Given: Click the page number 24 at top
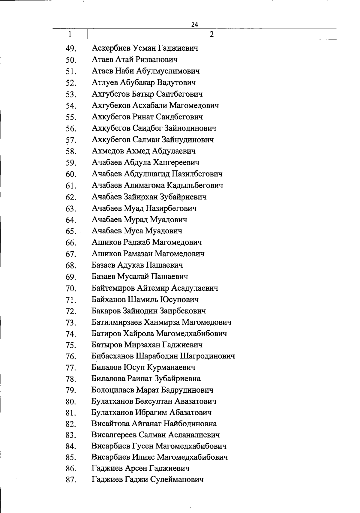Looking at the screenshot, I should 195,25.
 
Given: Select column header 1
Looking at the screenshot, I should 70,34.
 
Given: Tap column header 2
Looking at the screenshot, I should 211,34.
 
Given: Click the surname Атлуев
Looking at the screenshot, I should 105,82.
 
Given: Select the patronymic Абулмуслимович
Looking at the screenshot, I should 168,71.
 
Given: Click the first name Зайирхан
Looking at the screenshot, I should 141,197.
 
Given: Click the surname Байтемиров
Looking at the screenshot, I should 113,288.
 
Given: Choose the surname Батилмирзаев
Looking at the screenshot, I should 116,322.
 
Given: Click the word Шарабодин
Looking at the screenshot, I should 157,356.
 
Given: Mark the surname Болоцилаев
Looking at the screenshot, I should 113,390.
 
